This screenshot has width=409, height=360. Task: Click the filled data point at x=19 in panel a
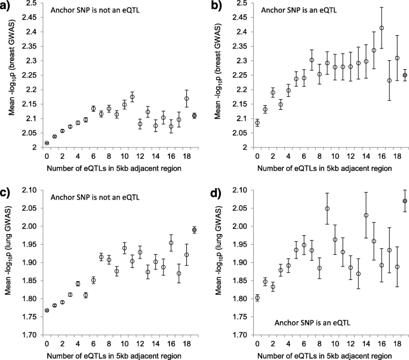pos(195,116)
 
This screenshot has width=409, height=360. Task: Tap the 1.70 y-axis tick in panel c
pos(31,335)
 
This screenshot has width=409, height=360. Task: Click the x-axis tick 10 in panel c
pos(124,344)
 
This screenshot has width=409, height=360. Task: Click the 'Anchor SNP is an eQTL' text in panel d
pos(312,323)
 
